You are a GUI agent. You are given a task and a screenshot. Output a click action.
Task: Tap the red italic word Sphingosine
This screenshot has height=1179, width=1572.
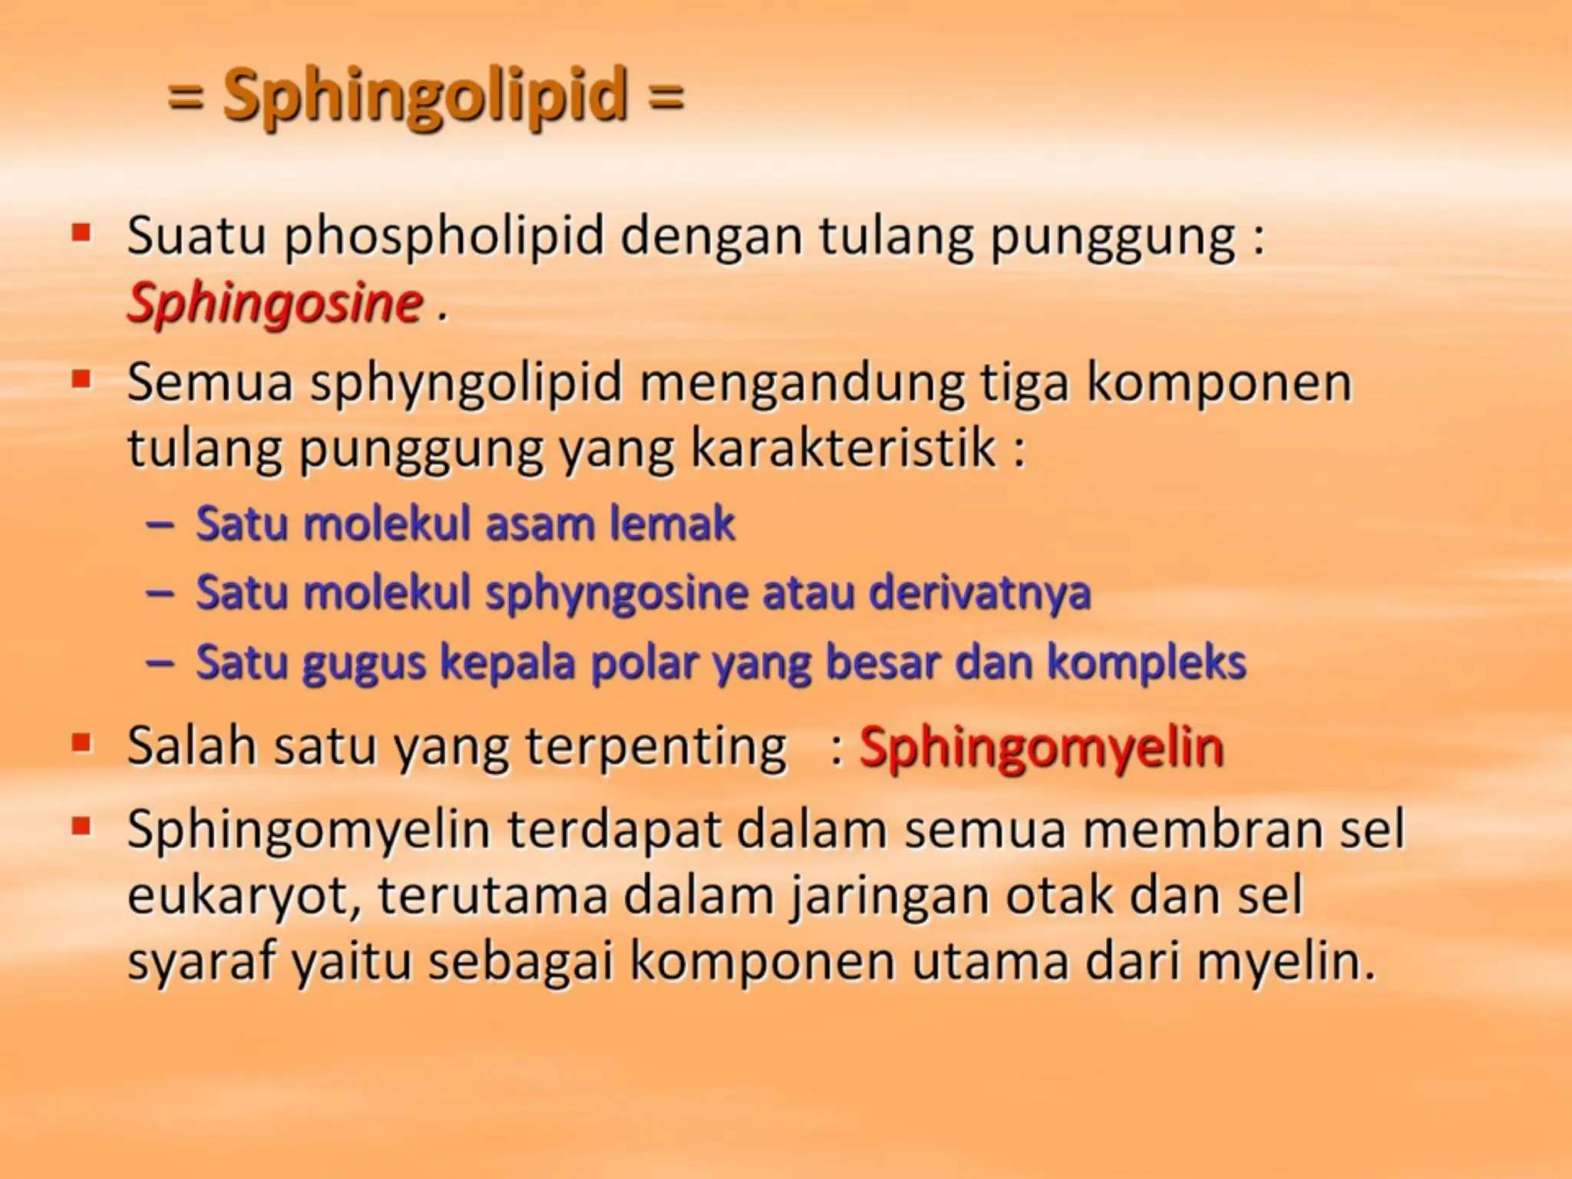(x=275, y=303)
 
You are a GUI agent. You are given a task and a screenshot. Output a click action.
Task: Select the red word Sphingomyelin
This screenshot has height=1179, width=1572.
(x=1041, y=747)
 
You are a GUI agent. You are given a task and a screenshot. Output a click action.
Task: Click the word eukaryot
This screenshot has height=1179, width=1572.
(x=243, y=896)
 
